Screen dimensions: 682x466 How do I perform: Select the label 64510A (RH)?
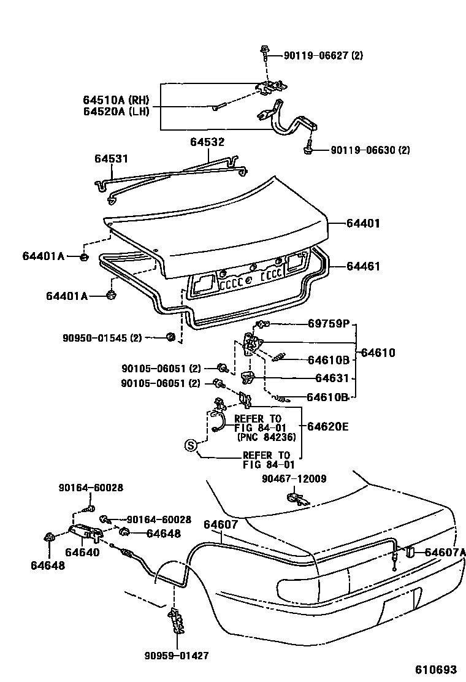(x=116, y=100)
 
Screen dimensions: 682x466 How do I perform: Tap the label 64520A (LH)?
(x=116, y=112)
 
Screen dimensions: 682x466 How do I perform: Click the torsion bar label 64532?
(x=207, y=142)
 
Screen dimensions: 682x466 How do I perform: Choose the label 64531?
(x=111, y=159)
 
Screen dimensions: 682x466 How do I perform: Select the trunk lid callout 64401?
(x=363, y=224)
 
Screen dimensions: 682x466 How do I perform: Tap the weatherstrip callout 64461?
(x=363, y=266)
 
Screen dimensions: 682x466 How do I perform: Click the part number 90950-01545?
(x=102, y=337)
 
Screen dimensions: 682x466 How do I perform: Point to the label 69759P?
(x=329, y=324)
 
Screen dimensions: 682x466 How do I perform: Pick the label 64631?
(x=332, y=378)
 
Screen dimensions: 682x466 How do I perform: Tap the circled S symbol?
(x=191, y=446)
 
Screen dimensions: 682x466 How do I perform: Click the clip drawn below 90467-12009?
(x=297, y=497)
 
